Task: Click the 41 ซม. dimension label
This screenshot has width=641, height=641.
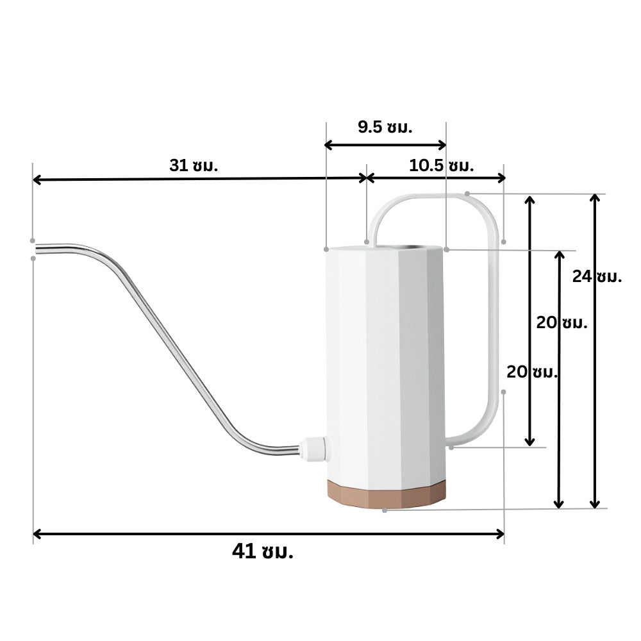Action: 262,551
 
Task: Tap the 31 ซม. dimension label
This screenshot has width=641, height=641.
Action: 194,165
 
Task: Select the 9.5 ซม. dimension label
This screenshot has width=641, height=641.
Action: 385,127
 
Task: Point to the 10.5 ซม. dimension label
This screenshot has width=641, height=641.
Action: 441,165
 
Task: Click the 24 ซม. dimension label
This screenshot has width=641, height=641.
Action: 597,277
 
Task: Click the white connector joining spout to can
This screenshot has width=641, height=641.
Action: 314,449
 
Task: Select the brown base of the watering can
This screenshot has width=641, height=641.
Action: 387,494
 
